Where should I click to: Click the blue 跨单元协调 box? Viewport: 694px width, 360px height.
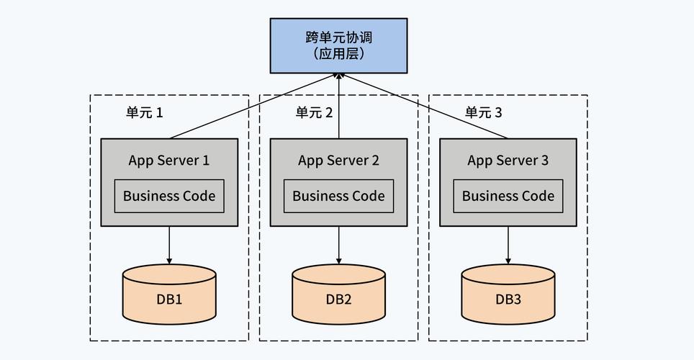338,45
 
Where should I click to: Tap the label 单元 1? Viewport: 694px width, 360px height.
144,112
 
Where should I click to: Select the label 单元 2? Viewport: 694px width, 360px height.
314,112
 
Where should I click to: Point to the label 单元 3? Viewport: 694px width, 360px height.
483,112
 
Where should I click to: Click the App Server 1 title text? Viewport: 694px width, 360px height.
169,161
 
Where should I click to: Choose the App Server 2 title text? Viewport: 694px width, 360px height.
338,161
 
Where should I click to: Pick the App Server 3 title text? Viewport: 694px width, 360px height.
508,161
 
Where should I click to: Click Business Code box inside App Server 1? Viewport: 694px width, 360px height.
169,196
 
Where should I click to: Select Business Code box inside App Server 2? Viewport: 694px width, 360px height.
338,196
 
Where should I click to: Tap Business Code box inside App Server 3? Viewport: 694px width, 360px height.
508,196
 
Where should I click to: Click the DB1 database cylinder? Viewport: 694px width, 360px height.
169,294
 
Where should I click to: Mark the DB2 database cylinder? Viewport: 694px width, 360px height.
338,294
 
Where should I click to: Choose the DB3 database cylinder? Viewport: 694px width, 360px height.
508,294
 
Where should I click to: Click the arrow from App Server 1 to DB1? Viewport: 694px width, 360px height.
169,246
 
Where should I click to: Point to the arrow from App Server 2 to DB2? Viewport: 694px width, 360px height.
338,246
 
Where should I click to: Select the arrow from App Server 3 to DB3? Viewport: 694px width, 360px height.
508,246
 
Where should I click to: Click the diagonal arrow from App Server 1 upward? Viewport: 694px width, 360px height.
252,107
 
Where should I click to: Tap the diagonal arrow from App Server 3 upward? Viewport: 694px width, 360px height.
425,107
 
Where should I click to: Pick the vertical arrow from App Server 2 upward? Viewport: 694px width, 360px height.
338,107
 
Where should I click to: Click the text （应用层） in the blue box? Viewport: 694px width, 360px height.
338,54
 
